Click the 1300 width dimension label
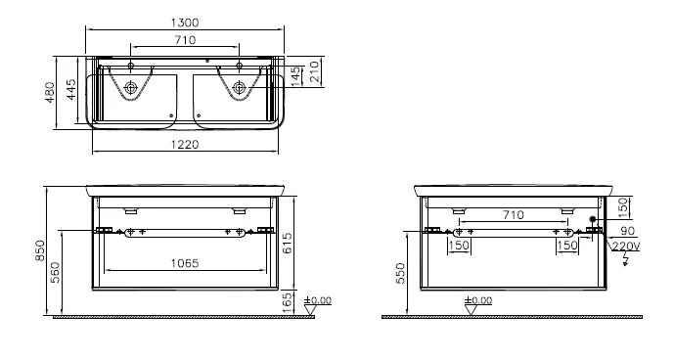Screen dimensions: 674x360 tap(185, 22)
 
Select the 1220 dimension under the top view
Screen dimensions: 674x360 tap(185, 145)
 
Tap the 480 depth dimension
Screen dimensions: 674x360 tap(50, 93)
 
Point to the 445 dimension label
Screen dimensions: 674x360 tap(71, 89)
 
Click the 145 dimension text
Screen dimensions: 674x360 tap(295, 76)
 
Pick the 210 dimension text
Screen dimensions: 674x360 tap(315, 71)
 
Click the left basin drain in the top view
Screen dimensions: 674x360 tap(130, 88)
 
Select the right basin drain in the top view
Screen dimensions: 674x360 tap(239, 88)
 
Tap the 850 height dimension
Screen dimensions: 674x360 tap(39, 250)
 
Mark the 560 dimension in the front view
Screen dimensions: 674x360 tap(56, 273)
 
